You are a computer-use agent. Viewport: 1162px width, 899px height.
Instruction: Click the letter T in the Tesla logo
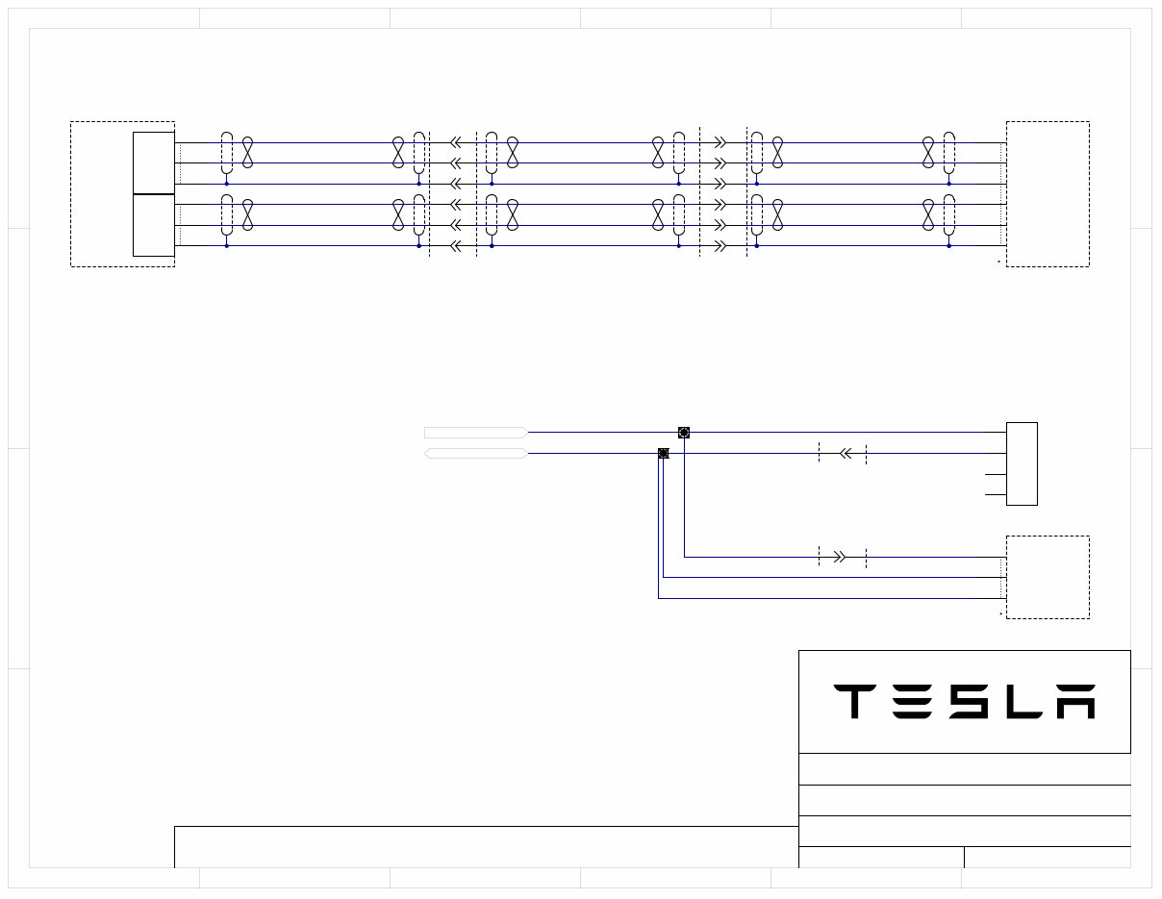pos(853,702)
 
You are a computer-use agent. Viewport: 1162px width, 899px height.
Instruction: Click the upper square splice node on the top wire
pos(684,433)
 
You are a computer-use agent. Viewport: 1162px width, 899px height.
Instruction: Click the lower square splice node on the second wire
pos(663,453)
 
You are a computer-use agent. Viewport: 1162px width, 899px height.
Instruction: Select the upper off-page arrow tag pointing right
pos(475,433)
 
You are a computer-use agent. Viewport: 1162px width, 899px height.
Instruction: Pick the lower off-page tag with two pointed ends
pos(475,453)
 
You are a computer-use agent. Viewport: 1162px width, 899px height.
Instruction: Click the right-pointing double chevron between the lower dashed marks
pos(839,557)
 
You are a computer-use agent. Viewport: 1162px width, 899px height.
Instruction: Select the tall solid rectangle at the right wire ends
pos(1022,463)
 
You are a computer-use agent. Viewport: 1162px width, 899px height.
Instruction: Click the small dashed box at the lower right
pos(1048,577)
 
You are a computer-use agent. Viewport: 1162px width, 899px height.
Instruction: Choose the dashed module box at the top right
pos(1048,193)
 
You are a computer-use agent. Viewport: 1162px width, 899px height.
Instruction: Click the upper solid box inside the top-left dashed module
pos(154,162)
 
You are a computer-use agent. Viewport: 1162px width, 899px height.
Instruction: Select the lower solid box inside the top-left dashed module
pos(154,225)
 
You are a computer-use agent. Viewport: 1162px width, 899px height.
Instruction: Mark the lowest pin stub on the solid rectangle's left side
pos(996,495)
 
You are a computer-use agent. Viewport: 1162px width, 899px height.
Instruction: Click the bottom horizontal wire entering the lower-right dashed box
pos(827,598)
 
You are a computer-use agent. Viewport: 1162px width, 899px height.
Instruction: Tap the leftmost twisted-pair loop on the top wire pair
pos(247,153)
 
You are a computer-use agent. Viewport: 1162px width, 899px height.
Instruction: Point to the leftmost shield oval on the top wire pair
pos(227,153)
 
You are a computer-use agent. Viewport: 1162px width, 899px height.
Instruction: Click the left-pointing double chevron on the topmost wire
pos(456,142)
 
